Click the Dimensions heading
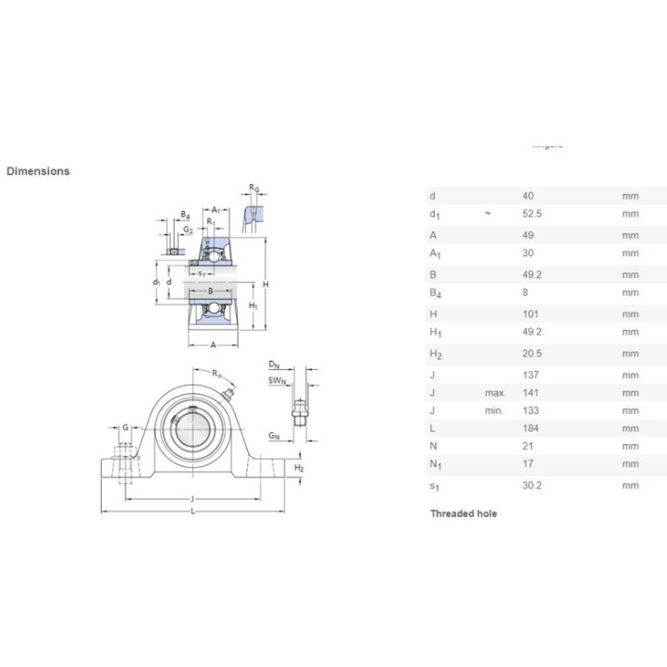point(38,171)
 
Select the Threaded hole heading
point(463,513)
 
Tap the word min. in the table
point(494,411)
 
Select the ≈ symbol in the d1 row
point(488,214)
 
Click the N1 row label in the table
point(434,464)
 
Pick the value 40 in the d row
point(529,196)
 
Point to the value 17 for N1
point(529,464)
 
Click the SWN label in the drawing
point(276,380)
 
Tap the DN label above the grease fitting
point(274,364)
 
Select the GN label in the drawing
point(275,434)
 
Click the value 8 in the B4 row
point(526,292)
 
